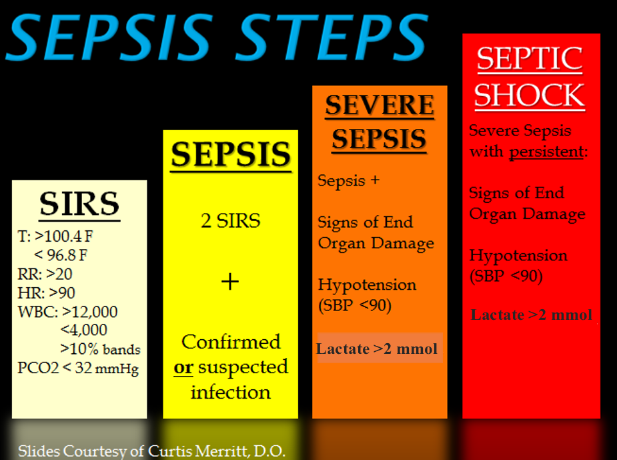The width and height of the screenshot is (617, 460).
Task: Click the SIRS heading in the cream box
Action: tap(79, 204)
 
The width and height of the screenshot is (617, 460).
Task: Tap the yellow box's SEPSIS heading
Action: tap(230, 154)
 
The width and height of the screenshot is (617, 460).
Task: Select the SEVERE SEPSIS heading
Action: tap(380, 122)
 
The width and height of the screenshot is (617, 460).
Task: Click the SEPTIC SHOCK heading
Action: tap(530, 77)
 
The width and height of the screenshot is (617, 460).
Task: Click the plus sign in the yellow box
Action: tap(229, 282)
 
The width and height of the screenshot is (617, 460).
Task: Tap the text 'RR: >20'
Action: tap(45, 274)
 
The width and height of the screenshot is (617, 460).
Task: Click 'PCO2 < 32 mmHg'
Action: tap(78, 368)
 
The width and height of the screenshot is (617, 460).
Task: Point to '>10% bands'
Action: tap(100, 349)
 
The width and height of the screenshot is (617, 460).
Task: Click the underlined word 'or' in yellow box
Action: tap(183, 368)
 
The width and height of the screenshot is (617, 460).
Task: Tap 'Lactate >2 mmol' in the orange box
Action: tap(377, 349)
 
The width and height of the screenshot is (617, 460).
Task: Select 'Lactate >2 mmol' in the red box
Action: tap(531, 315)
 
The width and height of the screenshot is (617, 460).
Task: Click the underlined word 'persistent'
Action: tap(546, 152)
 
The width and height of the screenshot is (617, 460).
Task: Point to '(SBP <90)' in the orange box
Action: tap(355, 306)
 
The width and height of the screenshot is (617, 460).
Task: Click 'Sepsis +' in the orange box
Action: tap(348, 180)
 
